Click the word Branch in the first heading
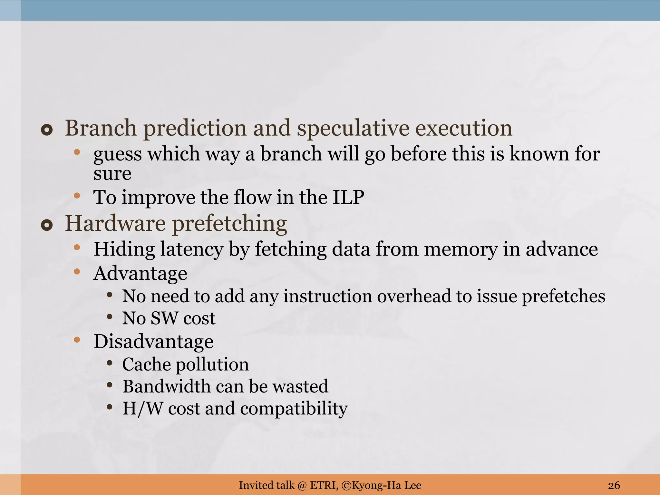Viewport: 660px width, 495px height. pos(101,128)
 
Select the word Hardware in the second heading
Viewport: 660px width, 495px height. pos(115,223)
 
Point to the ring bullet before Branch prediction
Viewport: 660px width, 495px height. pos(47,130)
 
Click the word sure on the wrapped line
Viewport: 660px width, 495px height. pos(112,174)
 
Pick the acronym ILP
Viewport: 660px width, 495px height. pos(348,197)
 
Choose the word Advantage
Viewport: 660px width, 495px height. pos(140,274)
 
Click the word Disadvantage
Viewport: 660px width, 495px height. pos(153,342)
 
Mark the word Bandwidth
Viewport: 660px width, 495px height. pos(166,386)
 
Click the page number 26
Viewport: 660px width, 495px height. pos(614,485)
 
